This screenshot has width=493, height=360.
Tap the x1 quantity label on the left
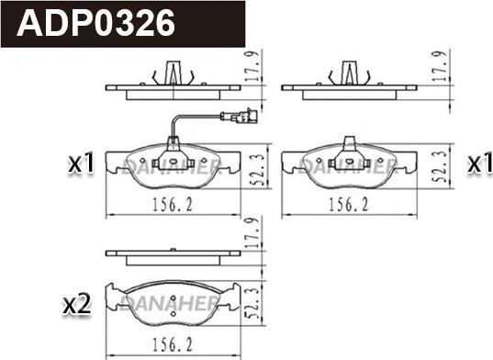pyautogui.click(x=82, y=164)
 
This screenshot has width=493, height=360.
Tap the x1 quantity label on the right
pyautogui.click(x=478, y=164)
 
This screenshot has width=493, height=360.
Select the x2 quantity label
pyautogui.click(x=76, y=304)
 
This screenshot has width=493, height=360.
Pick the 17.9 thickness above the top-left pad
pyautogui.click(x=257, y=67)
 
